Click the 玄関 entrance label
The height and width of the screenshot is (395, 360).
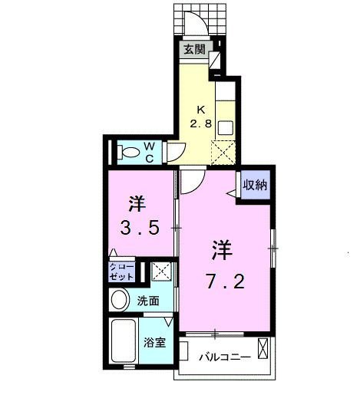tap(194, 51)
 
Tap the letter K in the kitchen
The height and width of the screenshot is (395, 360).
tap(202, 108)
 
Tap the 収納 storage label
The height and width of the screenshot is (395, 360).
tap(256, 184)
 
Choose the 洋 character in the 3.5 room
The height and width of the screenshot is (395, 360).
tap(137, 204)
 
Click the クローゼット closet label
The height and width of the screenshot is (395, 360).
tap(121, 271)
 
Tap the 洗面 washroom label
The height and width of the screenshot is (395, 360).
tap(149, 301)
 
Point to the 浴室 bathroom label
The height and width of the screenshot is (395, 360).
tap(154, 342)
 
